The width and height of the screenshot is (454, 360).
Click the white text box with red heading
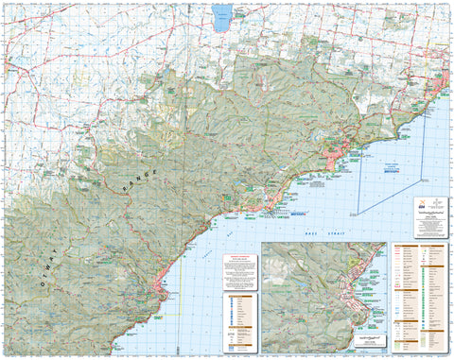click(240, 273)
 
